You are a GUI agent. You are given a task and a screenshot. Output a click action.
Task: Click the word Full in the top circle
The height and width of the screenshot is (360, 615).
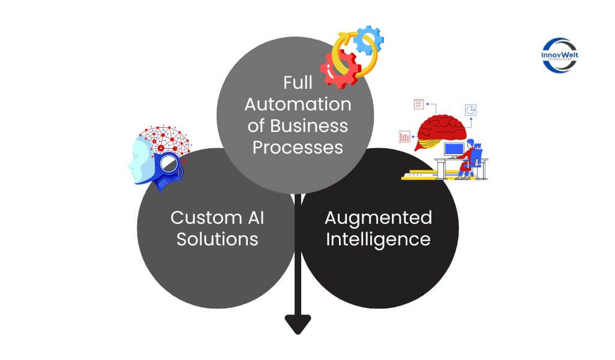pos(298,83)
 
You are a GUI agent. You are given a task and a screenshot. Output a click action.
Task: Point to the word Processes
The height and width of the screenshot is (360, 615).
pos(298,146)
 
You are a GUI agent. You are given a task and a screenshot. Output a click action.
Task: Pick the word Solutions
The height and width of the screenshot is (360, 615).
pos(217,239)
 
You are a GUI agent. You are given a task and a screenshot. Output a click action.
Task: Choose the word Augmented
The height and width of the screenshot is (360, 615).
pos(379,217)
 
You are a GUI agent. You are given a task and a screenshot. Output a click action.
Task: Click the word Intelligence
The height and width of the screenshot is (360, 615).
pos(378,239)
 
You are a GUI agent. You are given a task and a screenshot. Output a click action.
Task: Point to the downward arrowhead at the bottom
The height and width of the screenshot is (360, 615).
pos(298,324)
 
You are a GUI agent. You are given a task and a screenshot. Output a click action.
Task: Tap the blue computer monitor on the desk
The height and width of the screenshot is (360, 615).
pos(454,149)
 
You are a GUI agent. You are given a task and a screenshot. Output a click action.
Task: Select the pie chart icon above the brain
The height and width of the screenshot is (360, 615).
pos(471,110)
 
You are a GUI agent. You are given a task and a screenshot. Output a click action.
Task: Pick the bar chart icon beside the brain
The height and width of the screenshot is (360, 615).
pos(404,137)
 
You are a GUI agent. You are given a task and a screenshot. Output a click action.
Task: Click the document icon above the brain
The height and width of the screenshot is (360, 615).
pos(419,105)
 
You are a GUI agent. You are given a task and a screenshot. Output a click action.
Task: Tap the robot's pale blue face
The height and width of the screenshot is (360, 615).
pos(139,159)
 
